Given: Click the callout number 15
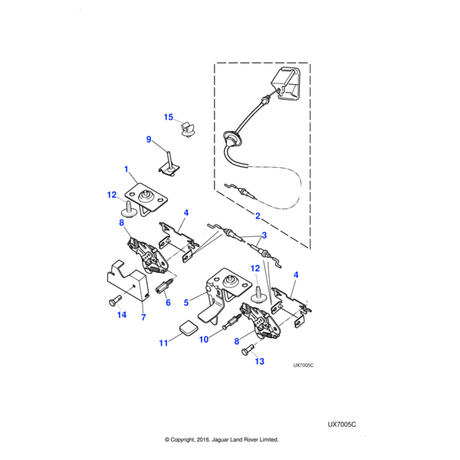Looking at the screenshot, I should click(169, 117).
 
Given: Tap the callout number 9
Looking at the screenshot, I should click(149, 139).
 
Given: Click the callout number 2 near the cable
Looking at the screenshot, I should click(258, 216).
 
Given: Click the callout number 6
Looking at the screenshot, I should click(168, 302).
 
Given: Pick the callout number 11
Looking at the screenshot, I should click(163, 343).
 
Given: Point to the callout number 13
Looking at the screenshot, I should click(258, 361).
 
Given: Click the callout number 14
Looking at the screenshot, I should click(120, 314).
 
